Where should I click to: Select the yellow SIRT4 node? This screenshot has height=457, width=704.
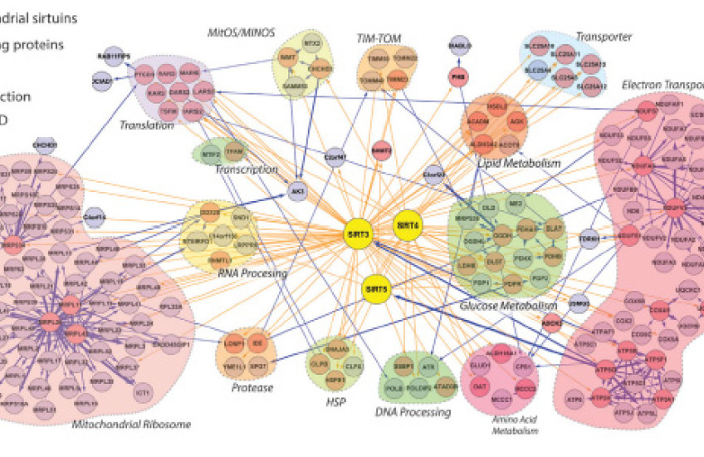click(x=408, y=225)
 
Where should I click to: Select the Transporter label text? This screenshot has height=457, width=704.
click(x=604, y=37)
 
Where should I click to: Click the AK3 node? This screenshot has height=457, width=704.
click(x=296, y=193)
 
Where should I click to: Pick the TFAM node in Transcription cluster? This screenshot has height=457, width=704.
click(x=234, y=153)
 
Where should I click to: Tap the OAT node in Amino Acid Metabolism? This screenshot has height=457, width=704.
click(x=479, y=386)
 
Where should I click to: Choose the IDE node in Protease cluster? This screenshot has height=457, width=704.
click(x=259, y=342)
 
